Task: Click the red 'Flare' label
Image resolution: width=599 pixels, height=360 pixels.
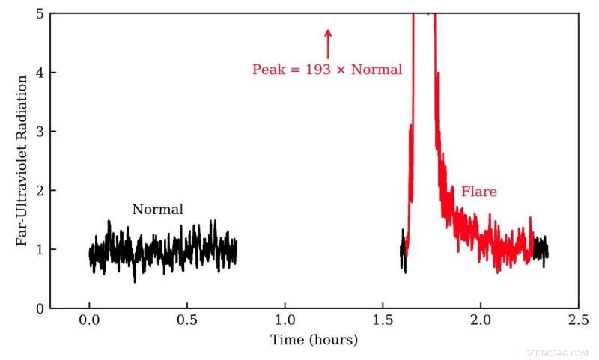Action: point(478,192)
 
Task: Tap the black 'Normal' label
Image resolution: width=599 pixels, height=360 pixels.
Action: point(157,210)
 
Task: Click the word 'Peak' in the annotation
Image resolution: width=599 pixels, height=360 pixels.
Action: point(267,70)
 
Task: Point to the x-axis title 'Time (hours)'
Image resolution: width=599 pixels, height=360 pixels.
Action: point(314,340)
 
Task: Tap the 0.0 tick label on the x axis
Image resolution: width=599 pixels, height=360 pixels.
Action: point(89,320)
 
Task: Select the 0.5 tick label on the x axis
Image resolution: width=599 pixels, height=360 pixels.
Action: point(186,320)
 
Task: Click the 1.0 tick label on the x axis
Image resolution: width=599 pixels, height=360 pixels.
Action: point(285,320)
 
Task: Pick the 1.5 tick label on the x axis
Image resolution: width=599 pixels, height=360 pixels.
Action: point(383,320)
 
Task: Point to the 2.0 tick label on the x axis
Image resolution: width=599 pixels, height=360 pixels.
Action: point(480,320)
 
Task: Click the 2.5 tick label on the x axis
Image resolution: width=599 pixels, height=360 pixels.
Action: point(578,320)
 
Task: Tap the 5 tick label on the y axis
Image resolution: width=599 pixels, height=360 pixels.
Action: point(39,13)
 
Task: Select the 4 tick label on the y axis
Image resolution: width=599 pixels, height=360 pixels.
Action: point(39,73)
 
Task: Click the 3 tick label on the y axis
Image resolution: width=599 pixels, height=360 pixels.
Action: point(39,132)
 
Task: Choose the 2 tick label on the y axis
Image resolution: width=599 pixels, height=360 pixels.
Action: point(39,190)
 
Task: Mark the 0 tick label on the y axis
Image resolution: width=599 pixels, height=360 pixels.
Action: point(39,308)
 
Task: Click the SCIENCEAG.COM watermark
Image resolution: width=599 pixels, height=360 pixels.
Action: point(557,351)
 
